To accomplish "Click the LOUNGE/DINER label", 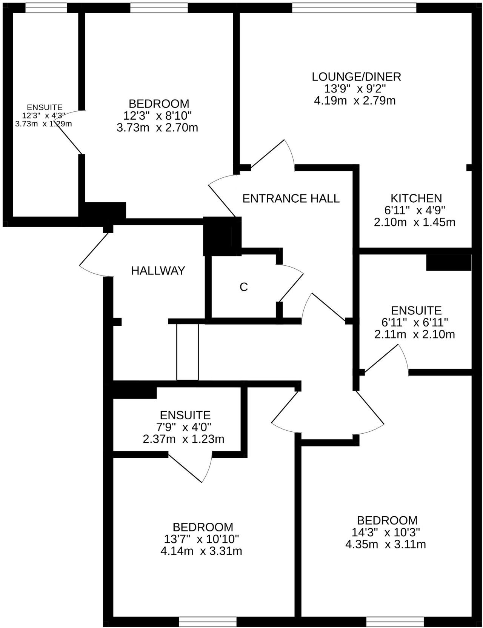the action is click(x=356, y=77).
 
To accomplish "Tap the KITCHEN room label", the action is click(x=416, y=198).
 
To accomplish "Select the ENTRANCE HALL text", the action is click(x=291, y=199).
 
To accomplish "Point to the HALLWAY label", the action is click(x=158, y=271).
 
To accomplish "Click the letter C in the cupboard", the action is click(x=244, y=287).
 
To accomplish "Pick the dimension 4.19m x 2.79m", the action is click(x=355, y=101).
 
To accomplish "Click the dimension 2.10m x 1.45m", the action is click(x=415, y=222).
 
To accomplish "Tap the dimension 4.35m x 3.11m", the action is click(x=386, y=544).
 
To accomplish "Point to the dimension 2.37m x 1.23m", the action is click(x=183, y=439).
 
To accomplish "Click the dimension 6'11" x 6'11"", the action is click(x=415, y=322).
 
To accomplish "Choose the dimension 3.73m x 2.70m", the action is click(x=157, y=128).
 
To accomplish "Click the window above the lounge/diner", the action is click(x=354, y=8).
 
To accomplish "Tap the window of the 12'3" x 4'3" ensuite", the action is click(x=46, y=8).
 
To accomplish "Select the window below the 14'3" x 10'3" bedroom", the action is click(x=395, y=621).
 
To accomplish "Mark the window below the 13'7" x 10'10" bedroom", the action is click(x=208, y=621).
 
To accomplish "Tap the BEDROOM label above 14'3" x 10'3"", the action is click(x=387, y=520).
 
